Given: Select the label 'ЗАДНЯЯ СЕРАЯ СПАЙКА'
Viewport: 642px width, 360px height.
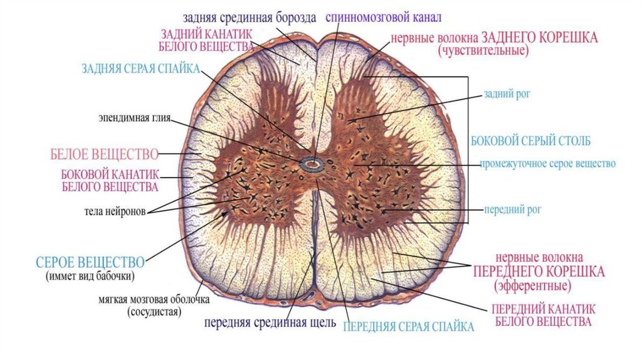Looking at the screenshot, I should point(140,68).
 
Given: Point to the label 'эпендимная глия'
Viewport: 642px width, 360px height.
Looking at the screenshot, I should point(134,117).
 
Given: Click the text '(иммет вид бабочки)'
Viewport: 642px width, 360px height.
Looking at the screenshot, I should point(90,276).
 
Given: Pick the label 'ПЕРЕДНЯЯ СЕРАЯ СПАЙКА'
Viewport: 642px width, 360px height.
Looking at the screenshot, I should point(409,326).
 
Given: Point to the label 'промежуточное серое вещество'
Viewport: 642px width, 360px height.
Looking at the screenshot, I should point(547,164).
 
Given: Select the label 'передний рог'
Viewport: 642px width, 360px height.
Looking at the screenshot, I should point(504,209).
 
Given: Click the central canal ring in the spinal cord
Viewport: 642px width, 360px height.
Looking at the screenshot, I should point(310,165).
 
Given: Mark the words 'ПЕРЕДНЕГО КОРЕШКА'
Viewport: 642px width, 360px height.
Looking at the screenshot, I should point(539,272).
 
